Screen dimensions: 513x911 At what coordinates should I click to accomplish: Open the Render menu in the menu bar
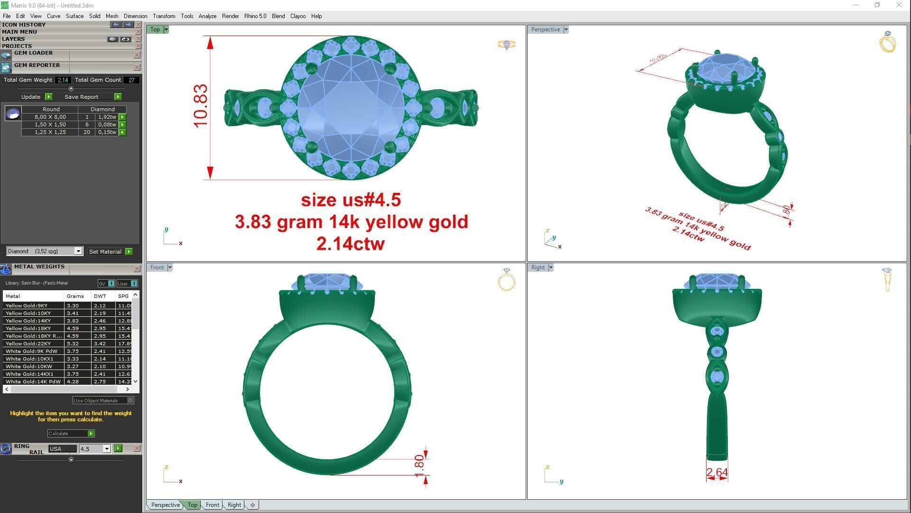230,16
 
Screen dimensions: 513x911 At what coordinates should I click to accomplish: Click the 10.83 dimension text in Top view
201,105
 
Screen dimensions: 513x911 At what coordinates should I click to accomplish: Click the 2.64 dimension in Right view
716,473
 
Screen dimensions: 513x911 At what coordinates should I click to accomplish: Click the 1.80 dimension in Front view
419,466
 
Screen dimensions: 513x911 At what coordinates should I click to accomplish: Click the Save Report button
82,97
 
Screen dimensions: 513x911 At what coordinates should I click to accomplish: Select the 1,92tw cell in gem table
107,117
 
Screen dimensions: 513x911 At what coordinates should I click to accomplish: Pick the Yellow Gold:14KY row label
28,321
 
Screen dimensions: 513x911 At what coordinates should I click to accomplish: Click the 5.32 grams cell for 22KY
73,343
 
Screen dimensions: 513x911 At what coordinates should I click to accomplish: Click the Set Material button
105,252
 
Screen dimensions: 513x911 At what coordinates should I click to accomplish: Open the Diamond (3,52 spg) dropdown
78,251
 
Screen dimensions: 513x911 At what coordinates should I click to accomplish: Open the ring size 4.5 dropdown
106,449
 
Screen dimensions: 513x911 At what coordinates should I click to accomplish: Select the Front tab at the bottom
212,505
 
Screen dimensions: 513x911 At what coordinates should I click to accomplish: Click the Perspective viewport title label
545,29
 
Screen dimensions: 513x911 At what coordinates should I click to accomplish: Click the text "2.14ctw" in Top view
350,244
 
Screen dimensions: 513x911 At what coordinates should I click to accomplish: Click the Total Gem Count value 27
131,80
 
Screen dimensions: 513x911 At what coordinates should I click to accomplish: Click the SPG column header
123,296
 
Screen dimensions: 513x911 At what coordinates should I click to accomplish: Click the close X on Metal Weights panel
137,269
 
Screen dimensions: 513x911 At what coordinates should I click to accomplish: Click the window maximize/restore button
877,5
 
